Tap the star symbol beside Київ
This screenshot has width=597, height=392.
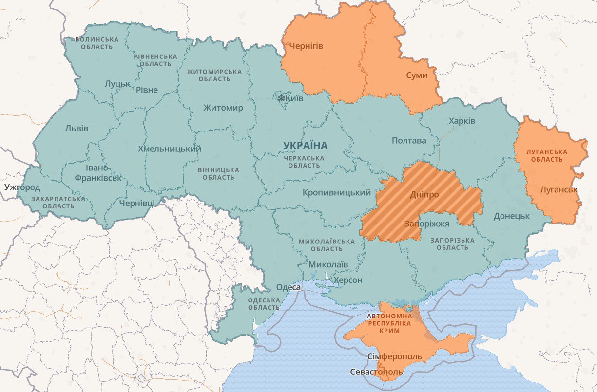(x=281, y=99)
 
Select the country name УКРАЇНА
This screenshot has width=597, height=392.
(x=305, y=146)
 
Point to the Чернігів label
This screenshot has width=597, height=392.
(x=306, y=46)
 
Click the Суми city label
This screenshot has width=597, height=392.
(x=417, y=75)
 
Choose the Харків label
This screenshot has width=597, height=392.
(x=462, y=121)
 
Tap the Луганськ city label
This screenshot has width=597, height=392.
(x=558, y=189)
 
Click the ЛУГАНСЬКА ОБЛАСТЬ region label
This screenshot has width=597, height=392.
(x=547, y=156)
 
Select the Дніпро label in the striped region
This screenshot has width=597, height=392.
(x=424, y=194)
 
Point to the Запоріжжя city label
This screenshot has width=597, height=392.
(x=427, y=224)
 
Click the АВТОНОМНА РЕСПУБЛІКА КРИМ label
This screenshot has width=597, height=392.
(x=389, y=323)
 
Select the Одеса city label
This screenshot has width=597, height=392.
(x=288, y=287)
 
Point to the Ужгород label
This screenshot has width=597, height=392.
(x=22, y=187)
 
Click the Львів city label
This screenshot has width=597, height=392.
(x=77, y=129)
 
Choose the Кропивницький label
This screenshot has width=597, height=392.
(x=337, y=193)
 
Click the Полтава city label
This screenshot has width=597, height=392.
(x=409, y=141)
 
